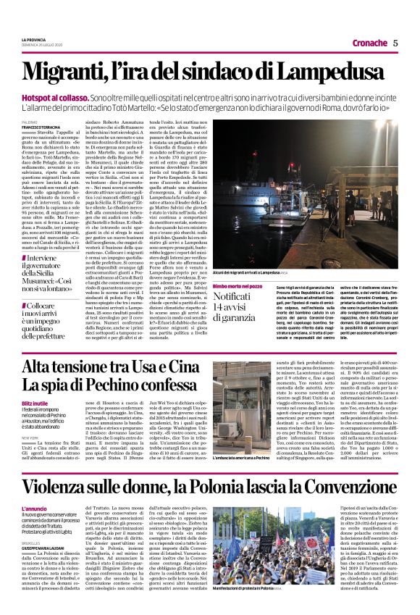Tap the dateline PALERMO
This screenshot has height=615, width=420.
[x=30, y=122]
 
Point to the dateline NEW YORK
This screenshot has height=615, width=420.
[x=30, y=438]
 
